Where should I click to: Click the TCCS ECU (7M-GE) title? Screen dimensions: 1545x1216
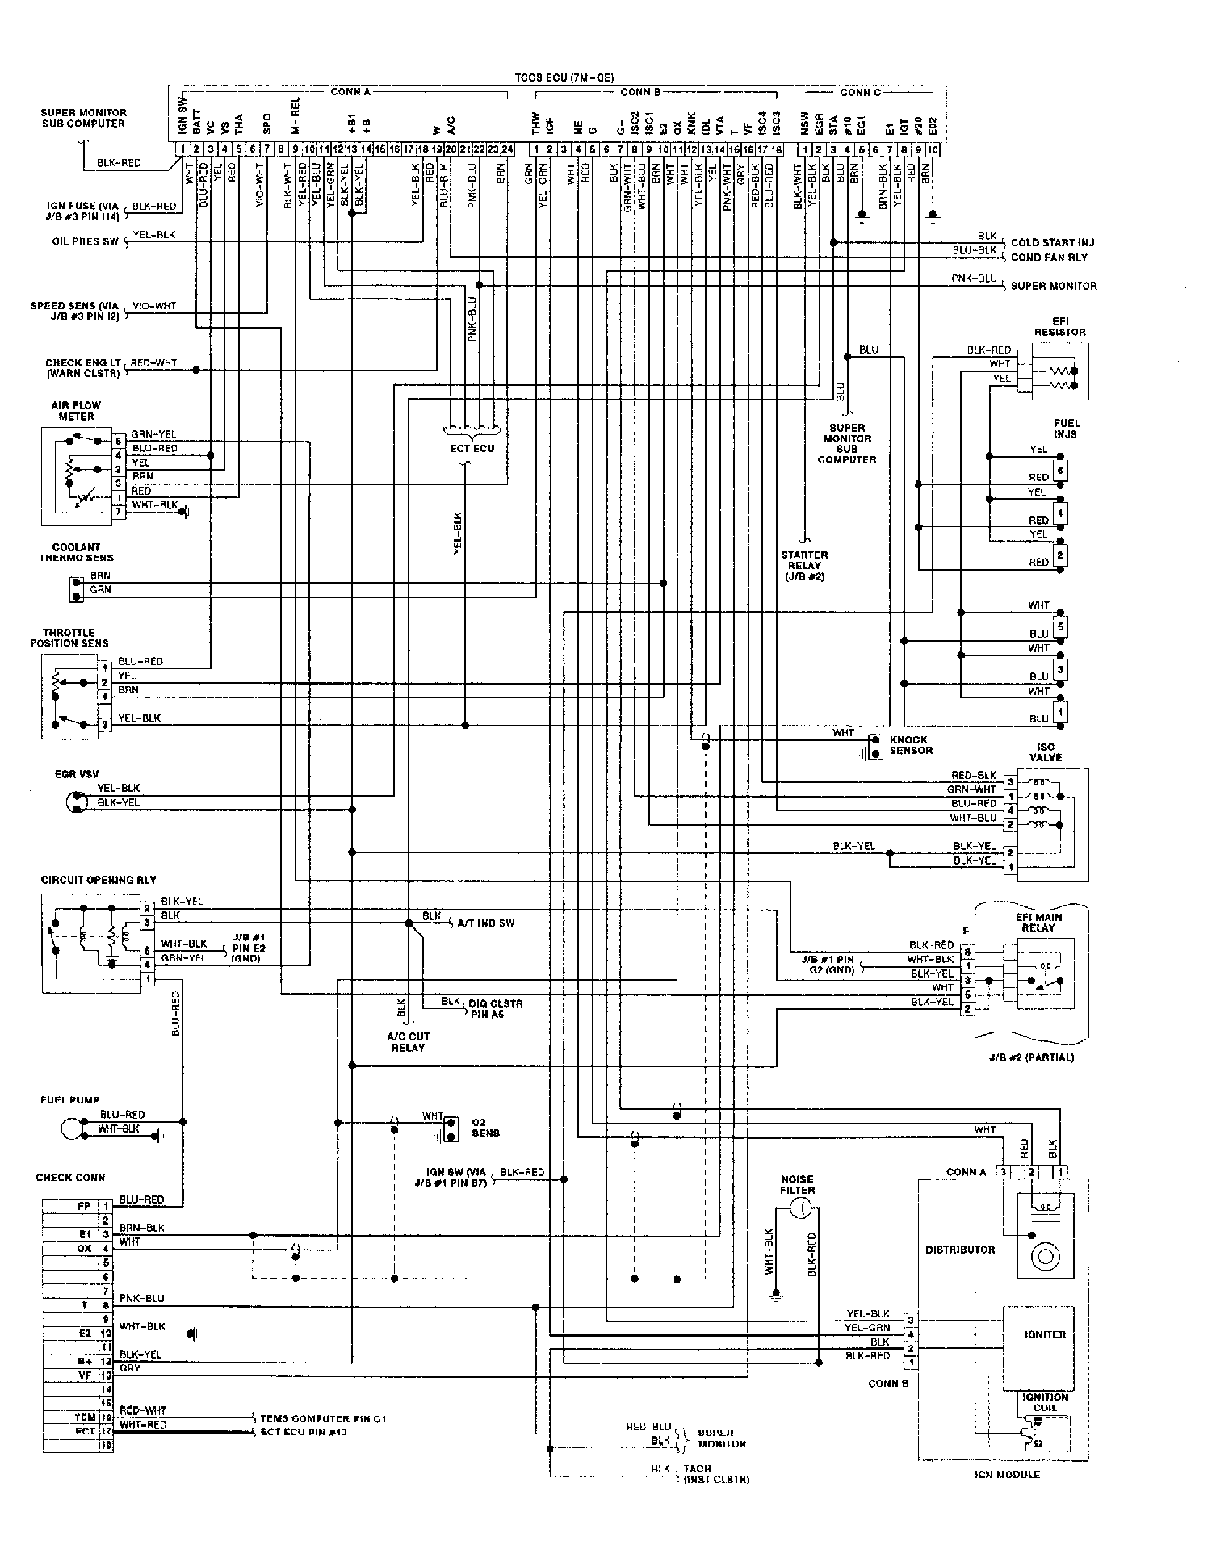click(564, 78)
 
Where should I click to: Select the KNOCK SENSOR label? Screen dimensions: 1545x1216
click(910, 745)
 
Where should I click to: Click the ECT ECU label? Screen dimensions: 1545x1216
click(472, 448)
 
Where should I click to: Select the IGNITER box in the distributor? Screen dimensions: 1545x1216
click(1044, 1334)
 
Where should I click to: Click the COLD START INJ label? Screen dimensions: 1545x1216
click(1052, 242)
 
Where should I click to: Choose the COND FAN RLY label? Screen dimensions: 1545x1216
click(1049, 257)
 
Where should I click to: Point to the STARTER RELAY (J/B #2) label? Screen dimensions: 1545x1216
click(804, 566)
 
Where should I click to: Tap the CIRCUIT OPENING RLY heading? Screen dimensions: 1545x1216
click(99, 880)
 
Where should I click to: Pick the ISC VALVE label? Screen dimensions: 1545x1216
click(1045, 752)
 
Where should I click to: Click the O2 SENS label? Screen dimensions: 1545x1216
click(485, 1128)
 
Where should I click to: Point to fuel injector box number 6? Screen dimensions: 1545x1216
click(1060, 471)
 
